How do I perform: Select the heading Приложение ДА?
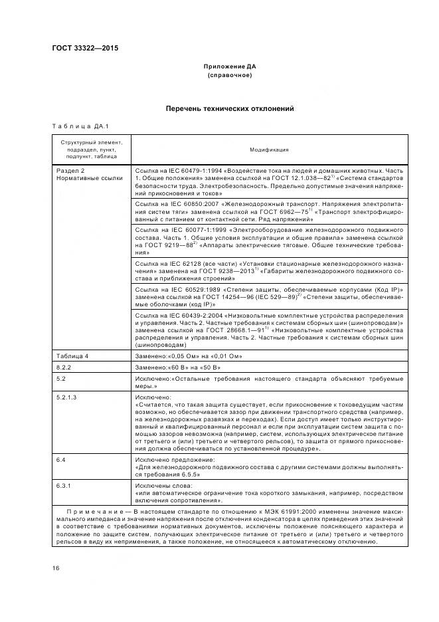229,67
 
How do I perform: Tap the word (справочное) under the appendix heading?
229,75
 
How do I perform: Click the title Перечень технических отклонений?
229,108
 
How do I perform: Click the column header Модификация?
269,150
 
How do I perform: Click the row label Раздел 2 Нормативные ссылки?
80,174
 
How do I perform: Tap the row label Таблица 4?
72,356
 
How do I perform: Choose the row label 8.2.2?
64,367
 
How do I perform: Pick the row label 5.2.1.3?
67,397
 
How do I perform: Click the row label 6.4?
61,459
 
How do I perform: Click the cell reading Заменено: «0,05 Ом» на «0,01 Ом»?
189,356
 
